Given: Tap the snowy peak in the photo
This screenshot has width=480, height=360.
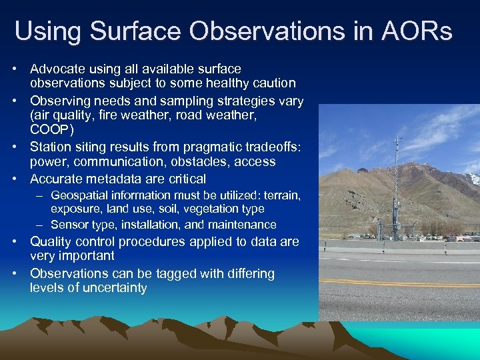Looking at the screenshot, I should (x=472, y=178).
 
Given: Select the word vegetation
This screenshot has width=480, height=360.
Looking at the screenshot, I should (x=201, y=209).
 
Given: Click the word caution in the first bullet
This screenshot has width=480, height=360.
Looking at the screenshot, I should (x=271, y=83).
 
